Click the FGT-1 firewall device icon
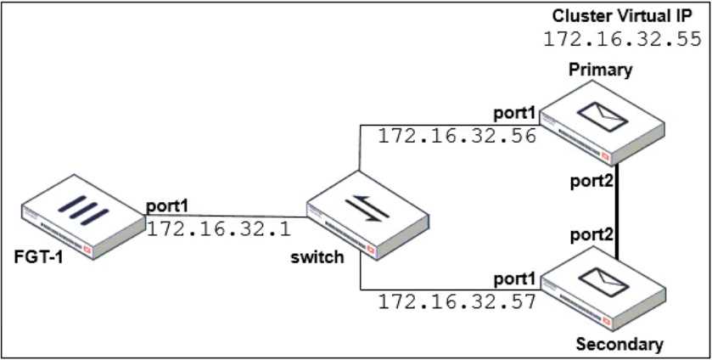pos(82,217)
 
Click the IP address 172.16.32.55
pos(621,39)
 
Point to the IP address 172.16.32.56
pos(457,136)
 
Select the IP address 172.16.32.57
pos(457,301)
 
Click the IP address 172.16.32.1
pos(219,228)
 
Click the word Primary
pos(603,70)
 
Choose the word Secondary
pos(619,344)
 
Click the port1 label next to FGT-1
pos(166,206)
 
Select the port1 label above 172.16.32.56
pos(516,113)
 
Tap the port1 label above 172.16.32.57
pos(516,278)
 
